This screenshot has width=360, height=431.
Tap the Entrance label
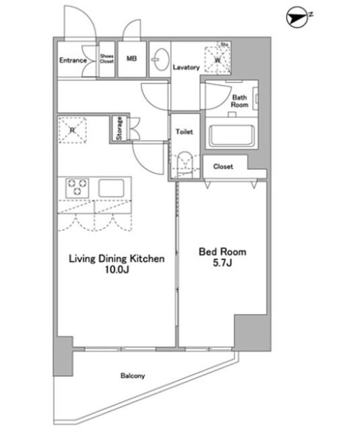[x=73, y=60]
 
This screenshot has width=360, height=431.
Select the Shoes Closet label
[x=107, y=59]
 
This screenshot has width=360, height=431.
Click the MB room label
[x=131, y=59]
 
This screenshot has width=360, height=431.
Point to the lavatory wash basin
[x=160, y=59]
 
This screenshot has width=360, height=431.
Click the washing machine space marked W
[x=217, y=60]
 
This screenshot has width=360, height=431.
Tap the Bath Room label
[x=240, y=101]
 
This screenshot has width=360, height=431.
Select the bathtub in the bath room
[x=231, y=136]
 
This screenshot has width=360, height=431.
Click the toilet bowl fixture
[x=184, y=164]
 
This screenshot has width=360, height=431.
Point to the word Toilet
[x=184, y=132]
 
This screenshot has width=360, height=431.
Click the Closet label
[x=223, y=166]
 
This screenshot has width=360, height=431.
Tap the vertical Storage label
[x=119, y=129]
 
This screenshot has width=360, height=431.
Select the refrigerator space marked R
[x=73, y=130]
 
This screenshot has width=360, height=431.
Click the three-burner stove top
[x=77, y=188]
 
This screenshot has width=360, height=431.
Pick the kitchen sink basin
[x=111, y=188]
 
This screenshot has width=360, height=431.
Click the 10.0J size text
[x=116, y=270]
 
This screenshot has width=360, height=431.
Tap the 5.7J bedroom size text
[x=223, y=263]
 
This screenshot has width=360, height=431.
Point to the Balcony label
[x=133, y=376]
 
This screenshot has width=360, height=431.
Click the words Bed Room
[x=223, y=252]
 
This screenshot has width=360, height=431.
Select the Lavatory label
[x=186, y=67]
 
